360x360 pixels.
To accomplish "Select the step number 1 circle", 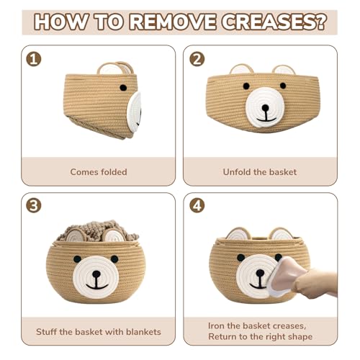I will pyautogui.click(x=33, y=59).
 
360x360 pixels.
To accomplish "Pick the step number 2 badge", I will pyautogui.click(x=196, y=59).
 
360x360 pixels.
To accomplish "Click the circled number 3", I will pyautogui.click(x=33, y=206).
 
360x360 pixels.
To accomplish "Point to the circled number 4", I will pyautogui.click(x=196, y=206).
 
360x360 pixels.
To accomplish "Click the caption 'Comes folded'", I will pyautogui.click(x=99, y=172).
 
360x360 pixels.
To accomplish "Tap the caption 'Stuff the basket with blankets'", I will pyautogui.click(x=99, y=332).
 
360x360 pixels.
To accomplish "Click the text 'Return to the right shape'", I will pyautogui.click(x=261, y=337).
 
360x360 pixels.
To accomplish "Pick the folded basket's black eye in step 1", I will pyautogui.click(x=122, y=87).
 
